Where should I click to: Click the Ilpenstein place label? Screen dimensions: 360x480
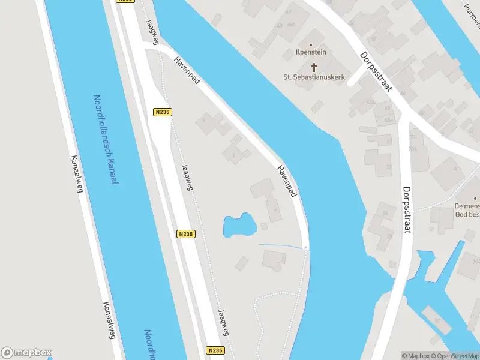point(310,52)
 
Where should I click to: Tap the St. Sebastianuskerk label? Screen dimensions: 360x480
point(313,77)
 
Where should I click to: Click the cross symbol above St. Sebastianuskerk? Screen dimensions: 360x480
point(313,66)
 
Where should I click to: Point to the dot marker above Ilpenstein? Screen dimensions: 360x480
point(310,44)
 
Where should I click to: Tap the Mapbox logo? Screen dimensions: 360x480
point(26,352)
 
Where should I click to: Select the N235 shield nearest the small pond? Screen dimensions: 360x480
point(185,234)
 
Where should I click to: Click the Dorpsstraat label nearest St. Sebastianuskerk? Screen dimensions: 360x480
point(376,71)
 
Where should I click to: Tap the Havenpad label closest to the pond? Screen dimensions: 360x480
point(287,181)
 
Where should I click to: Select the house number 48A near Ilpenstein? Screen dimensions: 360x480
point(291,25)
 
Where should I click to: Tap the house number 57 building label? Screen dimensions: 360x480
point(373,38)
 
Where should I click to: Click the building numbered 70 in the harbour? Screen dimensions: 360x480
point(437,320)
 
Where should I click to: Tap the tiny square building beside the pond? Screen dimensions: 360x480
point(263,226)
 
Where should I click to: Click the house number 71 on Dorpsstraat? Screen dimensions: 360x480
point(389,142)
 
